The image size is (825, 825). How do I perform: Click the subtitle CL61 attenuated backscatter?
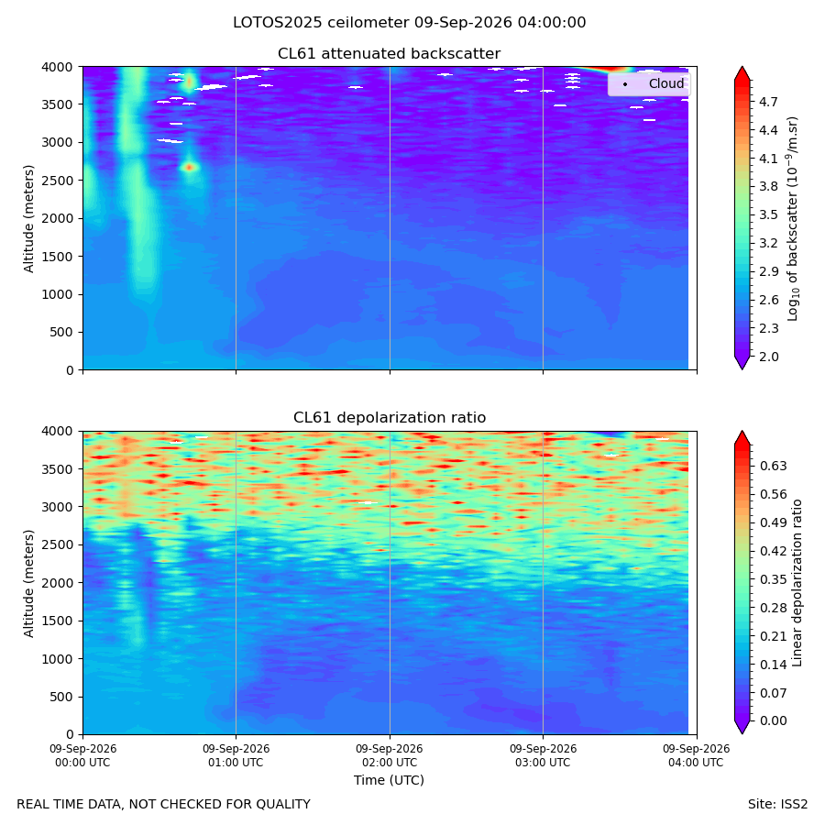pos(389,54)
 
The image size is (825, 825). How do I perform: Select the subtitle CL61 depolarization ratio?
pos(390,418)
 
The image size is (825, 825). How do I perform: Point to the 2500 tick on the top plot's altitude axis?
pos(58,181)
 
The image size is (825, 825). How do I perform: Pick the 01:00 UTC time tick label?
pos(236,755)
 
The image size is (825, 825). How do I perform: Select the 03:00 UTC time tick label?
pos(543,755)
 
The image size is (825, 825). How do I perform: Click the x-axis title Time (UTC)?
pos(389,780)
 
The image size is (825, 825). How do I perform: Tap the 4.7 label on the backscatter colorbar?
pos(768,102)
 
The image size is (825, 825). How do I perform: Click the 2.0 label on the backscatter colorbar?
pos(768,357)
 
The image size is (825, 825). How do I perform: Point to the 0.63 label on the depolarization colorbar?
pos(774,467)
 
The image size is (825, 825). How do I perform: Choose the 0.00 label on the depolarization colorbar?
pos(774,720)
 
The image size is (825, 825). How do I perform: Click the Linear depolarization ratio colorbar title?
pos(797,583)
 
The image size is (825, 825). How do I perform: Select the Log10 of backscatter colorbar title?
pos(793,219)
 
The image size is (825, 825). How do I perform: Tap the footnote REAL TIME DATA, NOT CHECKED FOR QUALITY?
pos(164,805)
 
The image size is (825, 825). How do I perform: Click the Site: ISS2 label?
pos(777,805)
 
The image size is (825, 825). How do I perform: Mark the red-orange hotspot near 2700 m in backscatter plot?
pos(190,168)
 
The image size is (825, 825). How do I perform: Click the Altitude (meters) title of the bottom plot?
pos(28,584)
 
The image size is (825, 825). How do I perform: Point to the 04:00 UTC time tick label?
pos(696,755)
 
